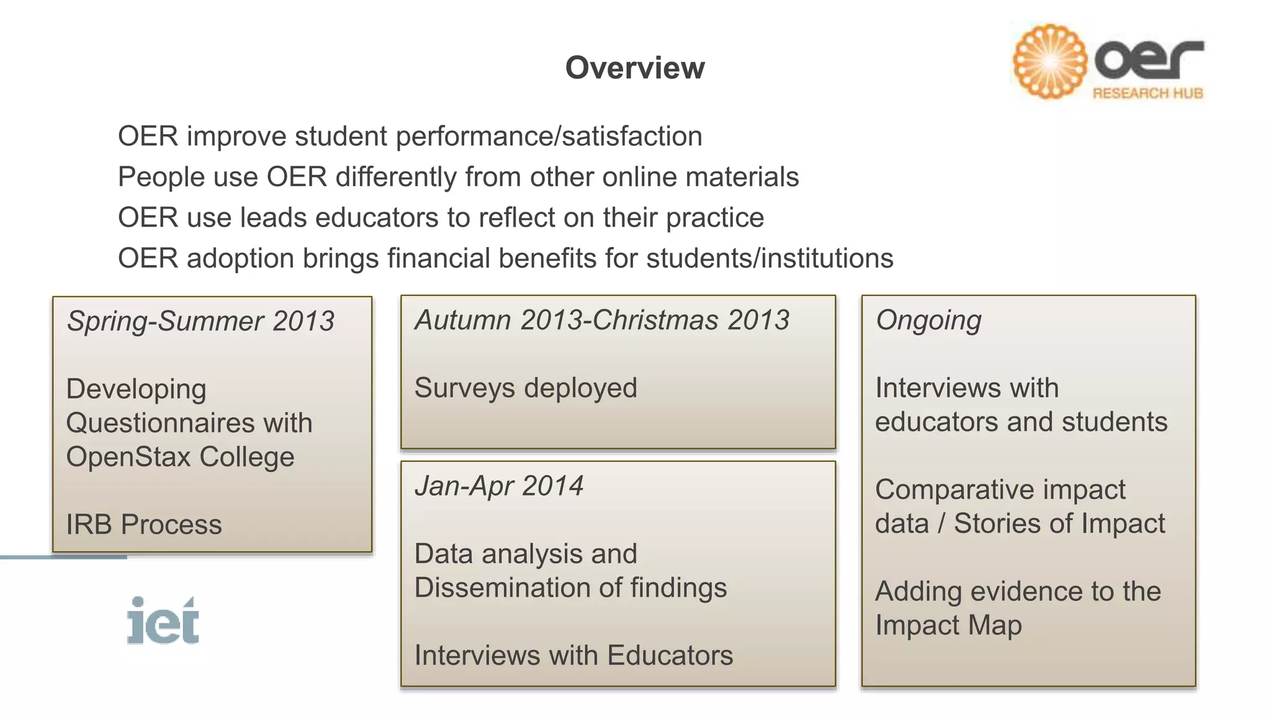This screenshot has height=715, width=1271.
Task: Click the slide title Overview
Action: (x=635, y=68)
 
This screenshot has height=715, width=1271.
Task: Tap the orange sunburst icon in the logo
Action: (x=1049, y=61)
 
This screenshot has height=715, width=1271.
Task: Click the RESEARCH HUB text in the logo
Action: (x=1147, y=94)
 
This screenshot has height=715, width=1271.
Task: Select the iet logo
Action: (x=163, y=621)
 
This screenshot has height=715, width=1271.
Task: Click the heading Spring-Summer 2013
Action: (x=200, y=322)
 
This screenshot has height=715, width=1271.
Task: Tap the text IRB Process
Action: (x=144, y=525)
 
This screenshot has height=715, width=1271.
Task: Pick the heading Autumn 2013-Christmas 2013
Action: (x=602, y=320)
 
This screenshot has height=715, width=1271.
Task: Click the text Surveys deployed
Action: (x=526, y=389)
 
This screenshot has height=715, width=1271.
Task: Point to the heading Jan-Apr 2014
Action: (x=499, y=486)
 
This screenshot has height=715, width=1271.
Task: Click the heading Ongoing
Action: (x=928, y=321)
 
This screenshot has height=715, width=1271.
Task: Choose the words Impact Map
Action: (x=948, y=626)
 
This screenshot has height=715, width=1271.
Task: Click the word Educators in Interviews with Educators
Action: (x=670, y=656)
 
